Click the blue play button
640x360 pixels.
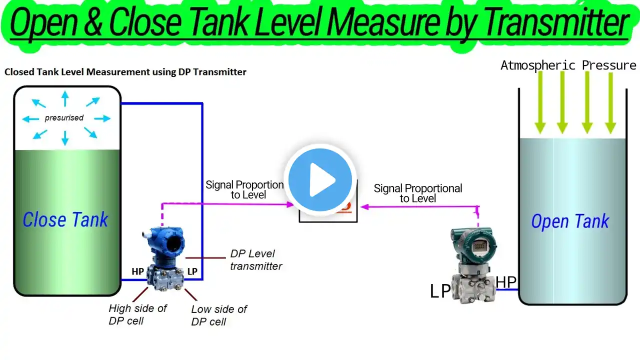[320, 180]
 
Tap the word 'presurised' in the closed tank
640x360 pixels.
[64, 117]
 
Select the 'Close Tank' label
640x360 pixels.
[65, 219]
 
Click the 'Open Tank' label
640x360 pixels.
[570, 221]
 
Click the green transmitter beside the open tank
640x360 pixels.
[473, 265]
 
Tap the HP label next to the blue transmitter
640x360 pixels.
[137, 271]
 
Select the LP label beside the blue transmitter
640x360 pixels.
[192, 271]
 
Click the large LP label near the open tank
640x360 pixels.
[440, 291]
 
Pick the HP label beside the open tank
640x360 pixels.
[506, 282]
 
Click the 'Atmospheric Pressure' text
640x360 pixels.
[568, 65]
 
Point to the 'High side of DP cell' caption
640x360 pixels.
[137, 314]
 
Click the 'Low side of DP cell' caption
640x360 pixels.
[219, 315]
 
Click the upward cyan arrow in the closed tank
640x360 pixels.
[65, 98]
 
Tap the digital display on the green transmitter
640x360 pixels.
[479, 246]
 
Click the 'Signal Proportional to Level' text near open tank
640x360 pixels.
[417, 193]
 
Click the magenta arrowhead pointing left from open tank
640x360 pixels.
[365, 207]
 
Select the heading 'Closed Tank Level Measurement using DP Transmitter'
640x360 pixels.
[125, 72]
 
